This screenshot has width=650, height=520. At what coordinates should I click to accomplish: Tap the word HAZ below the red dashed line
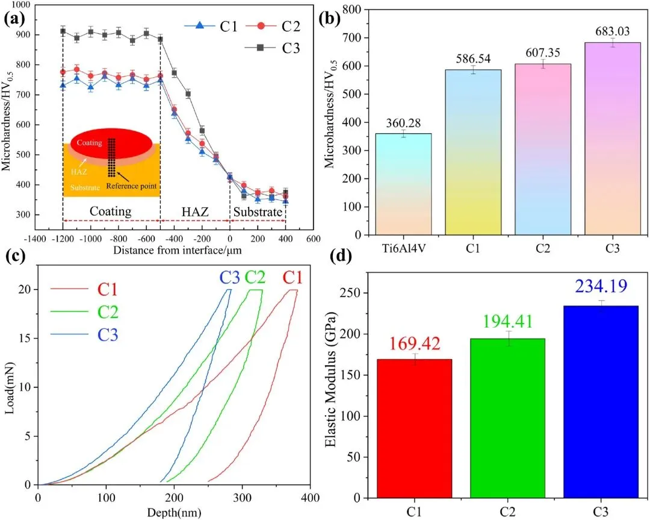point(194,212)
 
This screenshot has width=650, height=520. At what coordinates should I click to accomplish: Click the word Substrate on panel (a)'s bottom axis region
point(258,212)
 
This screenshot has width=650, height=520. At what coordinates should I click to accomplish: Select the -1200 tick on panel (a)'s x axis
point(63,239)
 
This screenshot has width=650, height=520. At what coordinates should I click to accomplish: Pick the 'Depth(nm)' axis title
point(174,512)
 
